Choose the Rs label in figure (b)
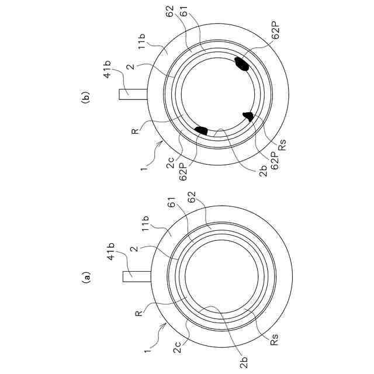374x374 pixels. [x=282, y=145]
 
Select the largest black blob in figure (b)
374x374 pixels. [x=241, y=63]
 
